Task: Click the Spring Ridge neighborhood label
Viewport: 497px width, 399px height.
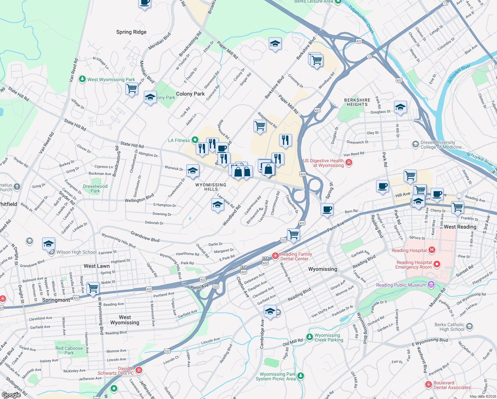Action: pyautogui.click(x=131, y=32)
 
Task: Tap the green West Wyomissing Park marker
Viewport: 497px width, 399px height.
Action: pyautogui.click(x=82, y=79)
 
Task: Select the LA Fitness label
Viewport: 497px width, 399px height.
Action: pyautogui.click(x=179, y=140)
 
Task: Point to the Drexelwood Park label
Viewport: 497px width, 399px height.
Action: pyautogui.click(x=95, y=189)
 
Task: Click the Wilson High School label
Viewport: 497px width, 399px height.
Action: pyautogui.click(x=76, y=252)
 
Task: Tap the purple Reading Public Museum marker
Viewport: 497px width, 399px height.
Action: pyautogui.click(x=431, y=285)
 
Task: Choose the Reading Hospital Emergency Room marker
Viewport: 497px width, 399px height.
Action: pyautogui.click(x=437, y=264)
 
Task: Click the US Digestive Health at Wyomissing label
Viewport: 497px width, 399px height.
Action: pyautogui.click(x=323, y=163)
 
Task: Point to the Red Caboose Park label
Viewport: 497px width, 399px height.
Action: pyautogui.click(x=69, y=350)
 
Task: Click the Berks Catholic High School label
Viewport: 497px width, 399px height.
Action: pyautogui.click(x=449, y=327)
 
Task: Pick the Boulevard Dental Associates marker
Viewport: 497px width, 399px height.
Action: pyautogui.click(x=429, y=385)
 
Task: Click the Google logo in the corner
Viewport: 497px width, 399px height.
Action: pyautogui.click(x=11, y=395)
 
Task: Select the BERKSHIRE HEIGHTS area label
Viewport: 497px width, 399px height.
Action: pyautogui.click(x=357, y=102)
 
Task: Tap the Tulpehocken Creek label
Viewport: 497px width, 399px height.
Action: pyautogui.click(x=361, y=19)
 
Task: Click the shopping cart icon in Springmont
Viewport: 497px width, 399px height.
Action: pyautogui.click(x=93, y=288)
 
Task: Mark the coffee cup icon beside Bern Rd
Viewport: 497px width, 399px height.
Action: pyautogui.click(x=327, y=209)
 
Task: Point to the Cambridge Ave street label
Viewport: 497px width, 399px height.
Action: pyautogui.click(x=262, y=334)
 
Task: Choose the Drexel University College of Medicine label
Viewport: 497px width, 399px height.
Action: pyautogui.click(x=442, y=145)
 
